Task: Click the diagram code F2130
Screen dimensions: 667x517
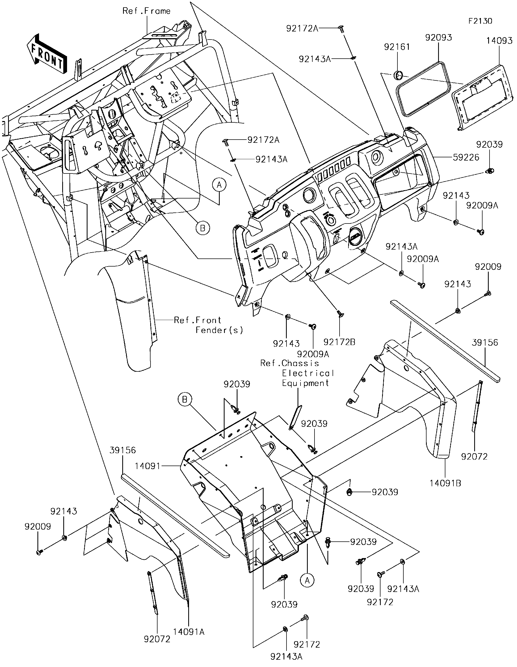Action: coord(480,21)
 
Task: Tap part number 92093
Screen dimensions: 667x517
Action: coord(438,38)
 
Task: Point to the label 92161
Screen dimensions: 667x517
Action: coord(397,47)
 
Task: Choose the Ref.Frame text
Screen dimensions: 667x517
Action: coord(146,11)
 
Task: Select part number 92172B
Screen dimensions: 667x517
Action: coord(339,342)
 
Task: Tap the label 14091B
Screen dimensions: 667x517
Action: coord(445,483)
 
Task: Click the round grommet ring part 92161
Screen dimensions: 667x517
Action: coord(398,75)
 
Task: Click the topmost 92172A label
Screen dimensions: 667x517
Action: coord(302,29)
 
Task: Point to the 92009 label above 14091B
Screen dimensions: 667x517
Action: coord(488,267)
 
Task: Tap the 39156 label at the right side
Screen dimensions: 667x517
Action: coord(485,342)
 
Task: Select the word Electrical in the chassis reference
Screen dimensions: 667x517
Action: coord(308,373)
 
